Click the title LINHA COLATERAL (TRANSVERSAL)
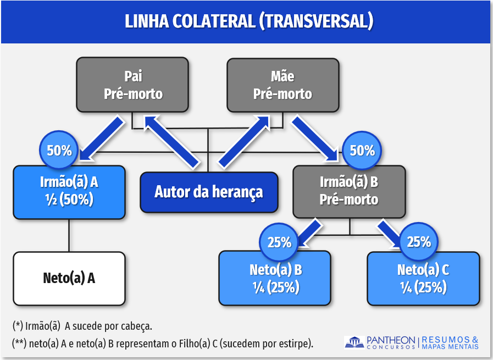coord(249,21)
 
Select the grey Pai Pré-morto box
coord(132,85)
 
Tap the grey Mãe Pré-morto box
coord(282,85)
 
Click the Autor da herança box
coord(208,192)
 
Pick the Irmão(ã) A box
coord(69,192)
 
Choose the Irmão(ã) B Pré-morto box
coord(349,191)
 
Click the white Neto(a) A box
coord(69,278)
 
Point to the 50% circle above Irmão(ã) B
coord(362,150)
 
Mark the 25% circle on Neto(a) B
coord(279,242)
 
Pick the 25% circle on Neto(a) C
coord(419,242)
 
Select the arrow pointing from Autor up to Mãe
coord(243,141)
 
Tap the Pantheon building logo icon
coord(354,342)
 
